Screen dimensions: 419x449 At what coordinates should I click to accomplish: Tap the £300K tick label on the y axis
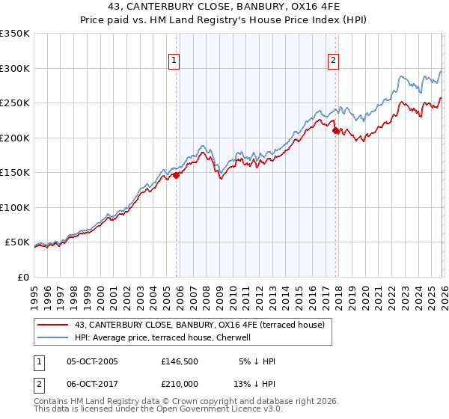(15, 68)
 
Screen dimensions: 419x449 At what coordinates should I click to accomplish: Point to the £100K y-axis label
(15, 207)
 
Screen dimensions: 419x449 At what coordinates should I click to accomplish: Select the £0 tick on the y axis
(22, 277)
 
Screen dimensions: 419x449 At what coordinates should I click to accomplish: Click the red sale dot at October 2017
(335, 131)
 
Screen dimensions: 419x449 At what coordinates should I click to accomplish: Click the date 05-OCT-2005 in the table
(92, 361)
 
